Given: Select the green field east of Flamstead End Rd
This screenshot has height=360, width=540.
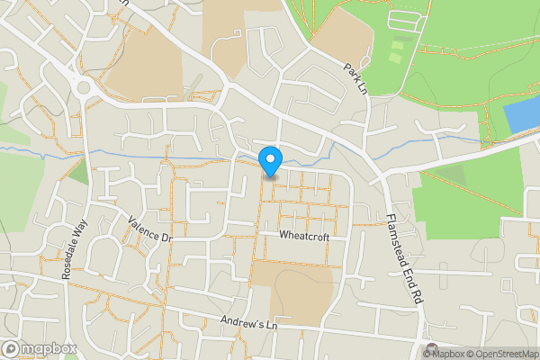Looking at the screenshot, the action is tap(468, 198).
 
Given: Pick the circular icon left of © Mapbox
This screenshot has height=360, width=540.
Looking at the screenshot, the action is tap(431, 350).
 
